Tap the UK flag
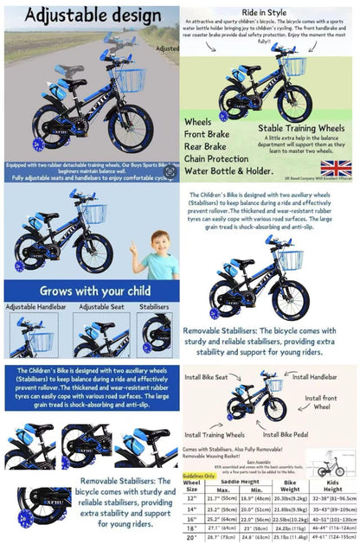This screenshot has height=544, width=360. tap(336, 168)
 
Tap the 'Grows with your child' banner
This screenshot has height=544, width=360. tap(91, 291)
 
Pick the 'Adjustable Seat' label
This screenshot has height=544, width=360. tap(102, 307)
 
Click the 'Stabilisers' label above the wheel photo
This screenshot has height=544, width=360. tap(155, 307)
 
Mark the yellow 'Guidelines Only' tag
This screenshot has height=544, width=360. tap(199, 476)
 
